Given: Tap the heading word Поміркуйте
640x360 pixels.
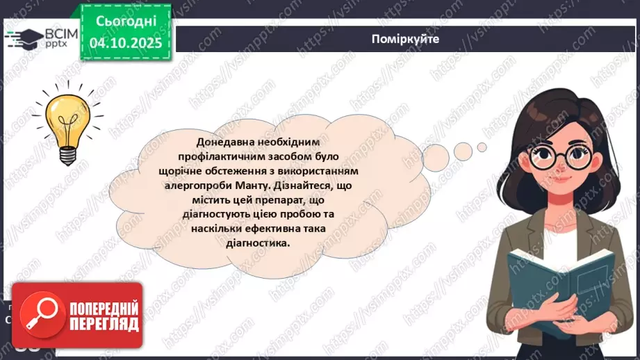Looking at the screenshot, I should [x=406, y=39].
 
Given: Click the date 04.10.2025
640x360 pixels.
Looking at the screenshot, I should [x=125, y=43].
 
